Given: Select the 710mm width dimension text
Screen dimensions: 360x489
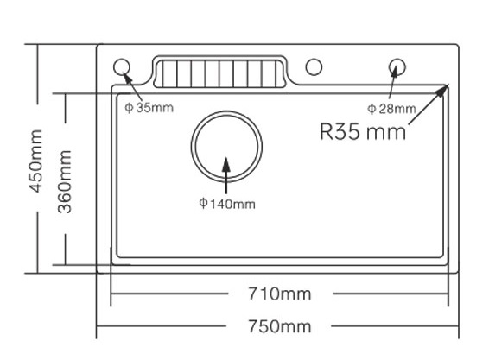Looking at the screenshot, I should (276, 294).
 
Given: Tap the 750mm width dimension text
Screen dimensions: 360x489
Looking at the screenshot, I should (276, 326).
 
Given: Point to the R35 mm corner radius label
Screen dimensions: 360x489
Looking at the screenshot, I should (362, 133).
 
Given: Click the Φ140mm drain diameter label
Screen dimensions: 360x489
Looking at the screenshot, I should (226, 204).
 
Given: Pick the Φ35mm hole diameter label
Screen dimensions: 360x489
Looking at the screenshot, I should (149, 108).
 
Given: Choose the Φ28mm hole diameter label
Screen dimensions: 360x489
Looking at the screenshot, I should (391, 108).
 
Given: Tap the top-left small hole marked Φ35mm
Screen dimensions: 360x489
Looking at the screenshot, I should (122, 66).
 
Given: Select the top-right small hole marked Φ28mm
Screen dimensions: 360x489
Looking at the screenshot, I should (397, 66).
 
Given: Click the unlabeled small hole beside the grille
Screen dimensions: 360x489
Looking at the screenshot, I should (314, 66).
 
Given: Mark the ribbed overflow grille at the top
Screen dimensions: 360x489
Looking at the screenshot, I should (219, 73).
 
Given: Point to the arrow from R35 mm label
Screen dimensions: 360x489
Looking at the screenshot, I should (427, 108).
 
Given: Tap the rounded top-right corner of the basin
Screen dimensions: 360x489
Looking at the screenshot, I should (441, 90).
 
